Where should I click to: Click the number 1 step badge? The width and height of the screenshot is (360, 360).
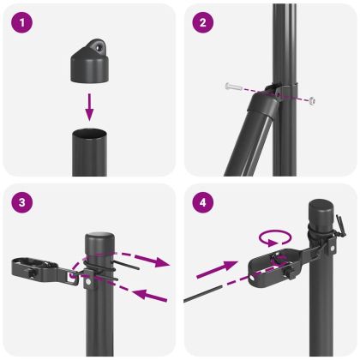[23, 23]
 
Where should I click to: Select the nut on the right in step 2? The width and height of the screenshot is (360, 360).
[313, 100]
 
